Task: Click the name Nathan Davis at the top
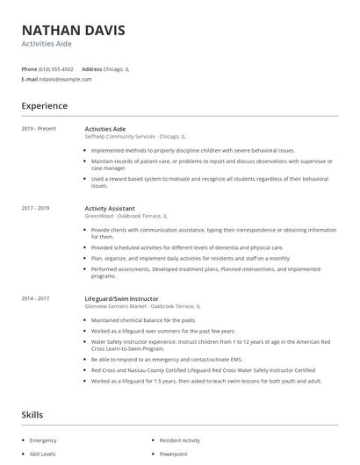click(73, 30)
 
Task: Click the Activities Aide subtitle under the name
click(47, 43)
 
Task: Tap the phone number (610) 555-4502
click(56, 68)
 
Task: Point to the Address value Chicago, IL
click(117, 68)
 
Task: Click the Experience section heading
click(45, 106)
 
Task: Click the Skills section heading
click(33, 415)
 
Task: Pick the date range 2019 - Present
click(39, 129)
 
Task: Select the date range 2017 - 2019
click(36, 208)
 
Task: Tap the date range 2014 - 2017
click(36, 299)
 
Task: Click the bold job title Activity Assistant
click(110, 208)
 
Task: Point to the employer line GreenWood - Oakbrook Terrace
click(126, 215)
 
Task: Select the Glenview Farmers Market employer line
click(142, 306)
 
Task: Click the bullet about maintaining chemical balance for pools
click(143, 320)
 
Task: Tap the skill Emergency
click(43, 440)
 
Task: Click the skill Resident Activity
click(180, 440)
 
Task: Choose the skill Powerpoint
click(174, 454)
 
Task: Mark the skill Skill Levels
click(43, 454)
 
